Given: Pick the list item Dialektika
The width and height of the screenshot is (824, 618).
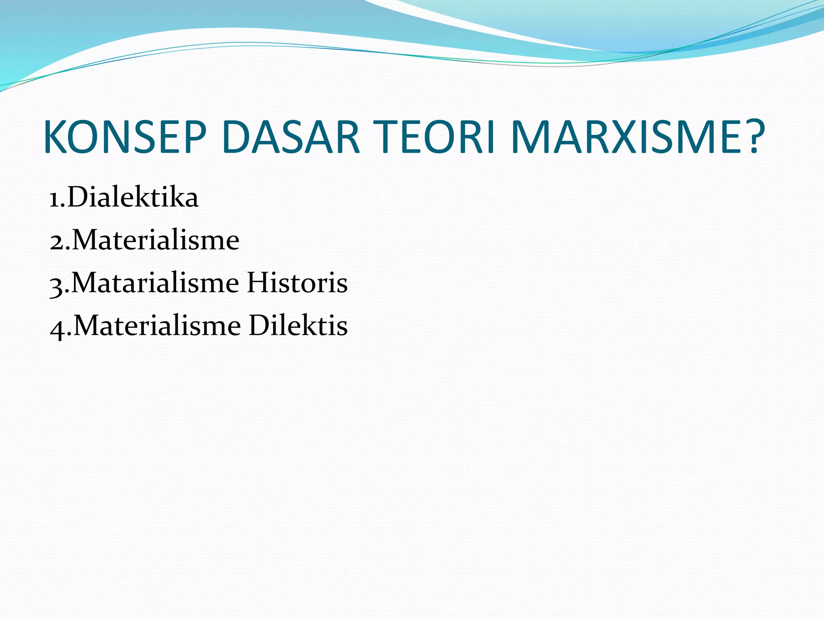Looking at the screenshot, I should pyautogui.click(x=133, y=197).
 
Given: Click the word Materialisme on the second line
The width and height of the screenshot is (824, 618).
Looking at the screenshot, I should pyautogui.click(x=155, y=240).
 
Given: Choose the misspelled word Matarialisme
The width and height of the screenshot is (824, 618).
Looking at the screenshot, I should pyautogui.click(x=155, y=283).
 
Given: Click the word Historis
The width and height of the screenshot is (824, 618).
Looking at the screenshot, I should pyautogui.click(x=297, y=283).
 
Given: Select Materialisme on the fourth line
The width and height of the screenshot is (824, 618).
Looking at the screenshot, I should pyautogui.click(x=157, y=325).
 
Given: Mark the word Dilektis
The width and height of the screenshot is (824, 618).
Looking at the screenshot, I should pyautogui.click(x=298, y=325).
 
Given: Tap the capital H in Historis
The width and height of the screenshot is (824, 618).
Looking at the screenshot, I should pyautogui.click(x=258, y=283).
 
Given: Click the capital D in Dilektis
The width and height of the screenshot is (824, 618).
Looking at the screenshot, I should pyautogui.click(x=260, y=325).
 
